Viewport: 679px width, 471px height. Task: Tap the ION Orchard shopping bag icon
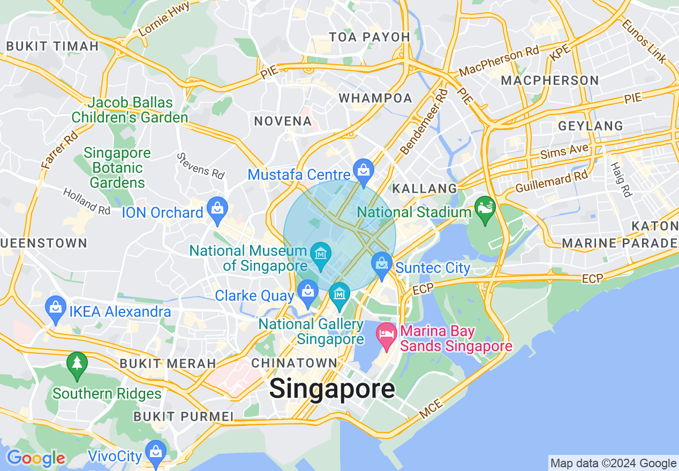217,209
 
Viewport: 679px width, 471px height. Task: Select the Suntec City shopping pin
381,264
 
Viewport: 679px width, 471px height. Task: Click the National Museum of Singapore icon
320,252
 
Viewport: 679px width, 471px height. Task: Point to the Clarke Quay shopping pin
308,292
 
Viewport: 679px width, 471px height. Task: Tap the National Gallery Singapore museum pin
339,294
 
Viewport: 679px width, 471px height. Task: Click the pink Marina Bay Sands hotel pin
387,335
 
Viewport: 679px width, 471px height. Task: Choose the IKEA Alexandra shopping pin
56,308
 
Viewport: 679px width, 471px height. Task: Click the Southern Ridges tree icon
77,363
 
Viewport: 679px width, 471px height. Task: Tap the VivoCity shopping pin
156,453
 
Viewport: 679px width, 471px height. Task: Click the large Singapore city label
332,389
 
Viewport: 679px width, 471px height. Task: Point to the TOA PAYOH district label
369,37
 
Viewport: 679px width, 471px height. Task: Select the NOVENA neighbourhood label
283,121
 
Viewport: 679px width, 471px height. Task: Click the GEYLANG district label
591,126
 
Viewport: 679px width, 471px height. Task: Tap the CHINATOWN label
295,363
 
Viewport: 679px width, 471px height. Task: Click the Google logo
36,458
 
